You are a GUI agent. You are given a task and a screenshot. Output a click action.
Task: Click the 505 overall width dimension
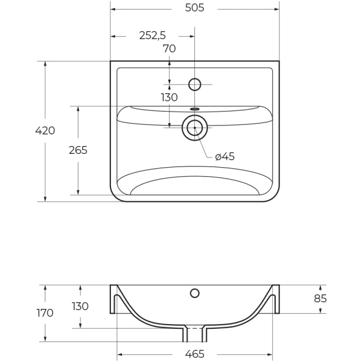click(195, 8)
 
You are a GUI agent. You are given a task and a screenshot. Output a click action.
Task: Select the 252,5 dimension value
click(153, 36)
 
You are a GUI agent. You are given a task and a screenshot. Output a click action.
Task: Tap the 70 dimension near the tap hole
click(170, 49)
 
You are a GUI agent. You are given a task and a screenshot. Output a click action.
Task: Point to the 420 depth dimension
click(45, 131)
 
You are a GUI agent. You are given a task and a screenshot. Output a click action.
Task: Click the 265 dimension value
click(78, 150)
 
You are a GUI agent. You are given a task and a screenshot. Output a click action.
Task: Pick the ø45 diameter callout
click(225, 156)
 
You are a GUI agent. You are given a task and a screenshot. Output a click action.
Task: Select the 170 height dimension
click(45, 313)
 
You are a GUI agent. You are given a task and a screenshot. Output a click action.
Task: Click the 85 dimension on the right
click(320, 299)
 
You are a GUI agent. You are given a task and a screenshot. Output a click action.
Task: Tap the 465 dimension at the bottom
click(195, 354)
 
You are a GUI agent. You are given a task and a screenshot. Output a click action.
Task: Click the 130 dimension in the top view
click(169, 97)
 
